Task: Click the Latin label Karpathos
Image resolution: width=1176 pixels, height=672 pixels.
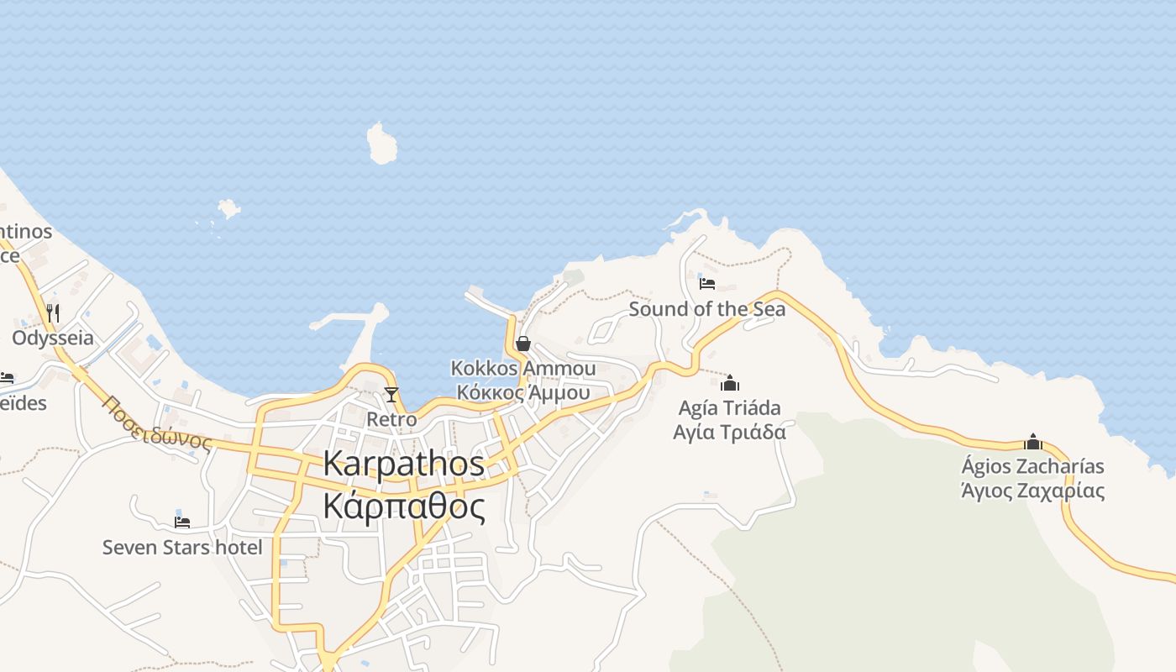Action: pos(403,464)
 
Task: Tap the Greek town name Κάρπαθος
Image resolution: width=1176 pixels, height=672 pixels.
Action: pos(403,507)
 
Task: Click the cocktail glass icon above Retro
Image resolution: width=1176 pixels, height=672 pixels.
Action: pos(391,394)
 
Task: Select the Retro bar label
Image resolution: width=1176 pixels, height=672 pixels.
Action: pos(391,418)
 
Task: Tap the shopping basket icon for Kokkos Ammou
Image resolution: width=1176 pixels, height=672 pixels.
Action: pos(523,344)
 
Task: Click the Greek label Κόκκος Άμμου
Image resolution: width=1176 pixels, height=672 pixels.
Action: pos(522,392)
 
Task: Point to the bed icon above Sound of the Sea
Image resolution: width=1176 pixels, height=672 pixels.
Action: pos(707,284)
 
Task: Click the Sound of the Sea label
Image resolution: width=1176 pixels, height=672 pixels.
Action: pos(707,309)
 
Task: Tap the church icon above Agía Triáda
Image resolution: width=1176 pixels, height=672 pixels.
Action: pos(730,383)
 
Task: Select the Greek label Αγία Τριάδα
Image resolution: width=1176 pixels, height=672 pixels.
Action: pos(730,432)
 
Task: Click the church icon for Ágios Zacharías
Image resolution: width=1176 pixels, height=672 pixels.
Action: pos(1033,442)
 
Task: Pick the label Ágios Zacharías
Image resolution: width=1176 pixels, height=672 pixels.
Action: pos(1033,466)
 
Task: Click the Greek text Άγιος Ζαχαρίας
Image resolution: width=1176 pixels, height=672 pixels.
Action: pos(1033,491)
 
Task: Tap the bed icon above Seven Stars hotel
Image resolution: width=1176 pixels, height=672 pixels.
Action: pos(182,522)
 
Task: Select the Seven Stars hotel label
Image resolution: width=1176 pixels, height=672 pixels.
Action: pos(182,548)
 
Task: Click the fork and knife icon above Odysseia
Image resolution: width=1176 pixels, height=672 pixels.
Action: pos(53,313)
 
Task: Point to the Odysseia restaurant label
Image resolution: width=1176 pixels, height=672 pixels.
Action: pos(53,339)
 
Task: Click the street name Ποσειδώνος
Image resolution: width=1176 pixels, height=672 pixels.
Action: pos(158,424)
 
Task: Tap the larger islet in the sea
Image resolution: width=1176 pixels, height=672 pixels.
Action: pos(382,144)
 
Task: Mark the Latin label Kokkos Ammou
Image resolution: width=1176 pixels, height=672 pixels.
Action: pos(522,368)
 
